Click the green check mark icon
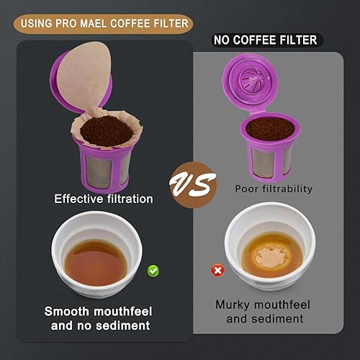pyautogui.click(x=153, y=271)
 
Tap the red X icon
pyautogui.click(x=215, y=271)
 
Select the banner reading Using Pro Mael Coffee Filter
pyautogui.click(x=105, y=24)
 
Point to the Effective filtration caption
pyautogui.click(x=104, y=199)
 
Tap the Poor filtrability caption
pyautogui.click(x=273, y=189)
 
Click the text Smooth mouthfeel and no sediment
pyautogui.click(x=97, y=318)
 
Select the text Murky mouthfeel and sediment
pyautogui.click(x=264, y=311)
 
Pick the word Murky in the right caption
pyautogui.click(x=235, y=305)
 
